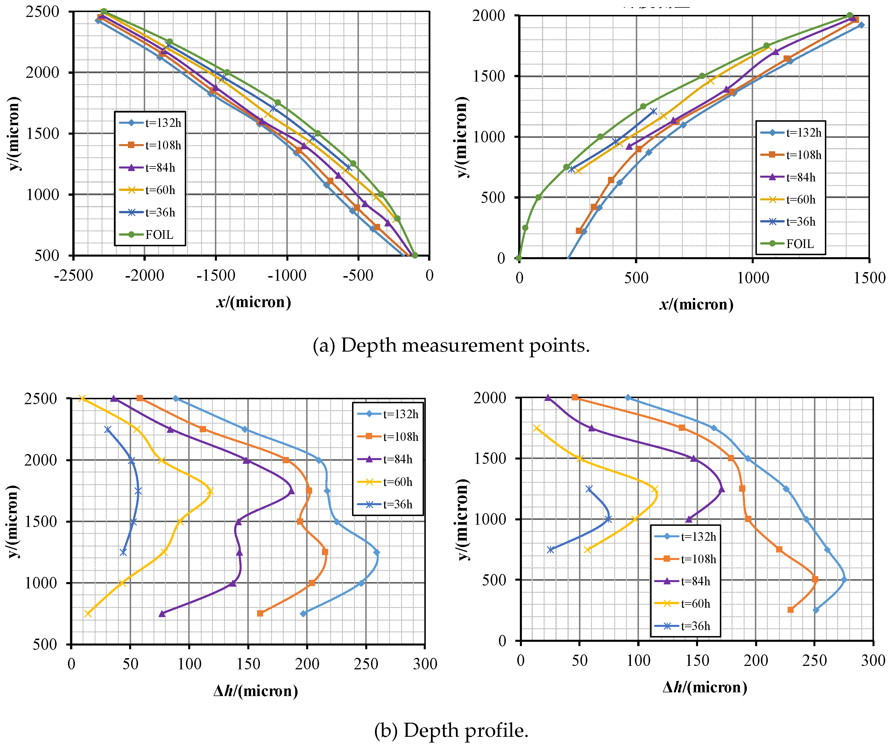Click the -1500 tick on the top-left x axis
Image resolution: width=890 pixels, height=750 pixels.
point(215,276)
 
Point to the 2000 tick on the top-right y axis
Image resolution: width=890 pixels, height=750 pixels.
point(489,16)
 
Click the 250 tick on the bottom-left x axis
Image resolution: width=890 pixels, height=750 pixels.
point(366,664)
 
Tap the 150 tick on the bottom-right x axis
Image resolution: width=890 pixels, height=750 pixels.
point(697,660)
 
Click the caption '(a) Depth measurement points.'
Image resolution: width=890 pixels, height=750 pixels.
point(451,345)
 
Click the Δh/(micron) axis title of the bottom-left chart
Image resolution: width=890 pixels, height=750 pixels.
point(255,691)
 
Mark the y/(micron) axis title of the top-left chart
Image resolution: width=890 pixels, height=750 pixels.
point(14,133)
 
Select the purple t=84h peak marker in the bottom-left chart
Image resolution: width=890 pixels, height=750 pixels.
point(292,491)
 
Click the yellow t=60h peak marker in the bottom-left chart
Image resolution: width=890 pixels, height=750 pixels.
point(210,491)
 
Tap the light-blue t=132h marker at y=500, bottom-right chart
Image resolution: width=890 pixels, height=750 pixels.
point(844,580)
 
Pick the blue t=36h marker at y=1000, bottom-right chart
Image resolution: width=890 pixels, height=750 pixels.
point(608,519)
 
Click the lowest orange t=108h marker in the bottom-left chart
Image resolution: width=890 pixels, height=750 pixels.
point(260,613)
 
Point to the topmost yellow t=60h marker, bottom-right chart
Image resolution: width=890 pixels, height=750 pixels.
point(536,428)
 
